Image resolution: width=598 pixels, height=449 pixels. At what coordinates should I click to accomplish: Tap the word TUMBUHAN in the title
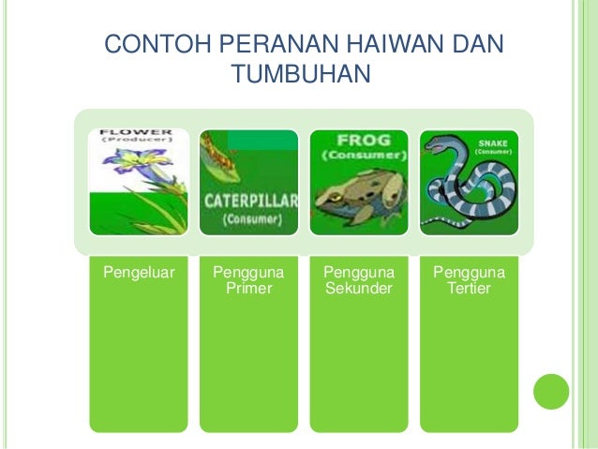[300, 73]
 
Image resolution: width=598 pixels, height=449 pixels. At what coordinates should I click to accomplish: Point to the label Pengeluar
[132, 273]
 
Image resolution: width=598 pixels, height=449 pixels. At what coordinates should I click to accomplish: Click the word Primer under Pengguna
[248, 289]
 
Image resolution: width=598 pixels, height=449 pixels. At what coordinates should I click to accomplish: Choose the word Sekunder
[358, 289]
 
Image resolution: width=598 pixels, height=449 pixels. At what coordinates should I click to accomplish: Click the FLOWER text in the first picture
[137, 132]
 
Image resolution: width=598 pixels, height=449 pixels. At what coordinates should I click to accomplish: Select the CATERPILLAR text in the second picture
[249, 201]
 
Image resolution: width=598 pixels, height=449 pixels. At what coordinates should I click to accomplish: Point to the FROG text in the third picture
[358, 140]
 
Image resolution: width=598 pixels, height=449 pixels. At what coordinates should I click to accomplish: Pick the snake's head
[440, 144]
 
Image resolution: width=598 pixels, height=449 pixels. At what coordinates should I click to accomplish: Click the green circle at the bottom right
[551, 392]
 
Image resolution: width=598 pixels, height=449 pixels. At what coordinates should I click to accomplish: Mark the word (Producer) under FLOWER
[137, 142]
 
